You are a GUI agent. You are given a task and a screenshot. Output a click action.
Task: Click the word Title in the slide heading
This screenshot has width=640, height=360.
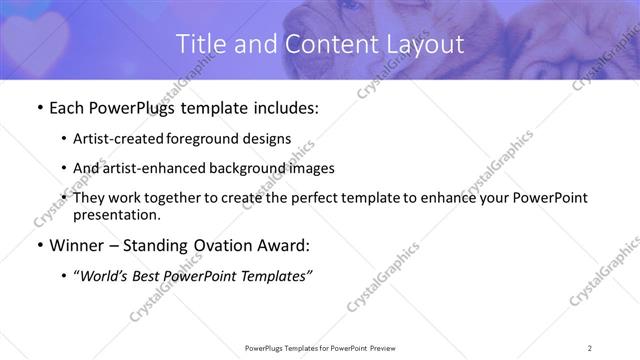point(200,45)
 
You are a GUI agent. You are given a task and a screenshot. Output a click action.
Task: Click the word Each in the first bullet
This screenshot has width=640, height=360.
point(67,108)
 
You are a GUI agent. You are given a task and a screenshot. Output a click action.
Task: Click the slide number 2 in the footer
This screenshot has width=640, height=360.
point(590,347)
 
